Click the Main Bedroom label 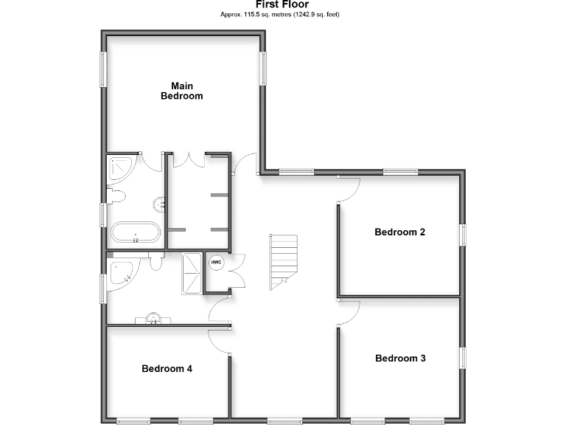click(x=181, y=91)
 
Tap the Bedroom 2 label click(x=399, y=232)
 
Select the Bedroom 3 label click(x=399, y=359)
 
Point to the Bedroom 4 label click(x=167, y=368)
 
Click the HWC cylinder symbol click(x=216, y=262)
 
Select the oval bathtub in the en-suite click(x=134, y=232)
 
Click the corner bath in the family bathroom click(x=121, y=274)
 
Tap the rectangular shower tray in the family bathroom click(x=192, y=273)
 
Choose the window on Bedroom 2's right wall click(x=464, y=234)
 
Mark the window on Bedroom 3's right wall click(x=464, y=358)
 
